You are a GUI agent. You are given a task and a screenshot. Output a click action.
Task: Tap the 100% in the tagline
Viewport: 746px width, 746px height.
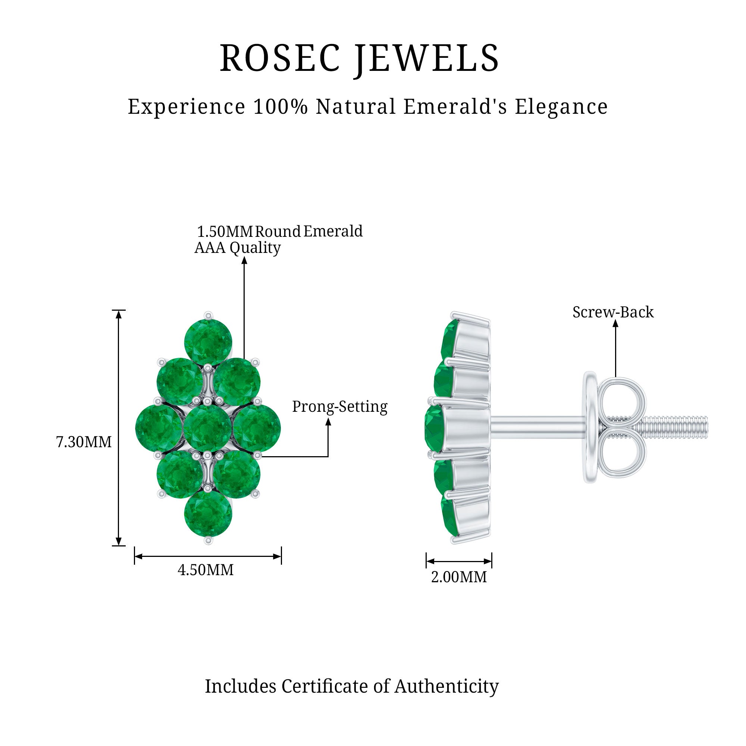280,107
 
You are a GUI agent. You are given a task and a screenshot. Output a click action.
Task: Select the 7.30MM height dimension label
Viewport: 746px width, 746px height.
84,442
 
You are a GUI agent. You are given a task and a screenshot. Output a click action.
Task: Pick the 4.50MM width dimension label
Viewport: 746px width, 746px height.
206,570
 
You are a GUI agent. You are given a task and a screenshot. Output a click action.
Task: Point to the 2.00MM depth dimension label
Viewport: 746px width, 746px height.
459,577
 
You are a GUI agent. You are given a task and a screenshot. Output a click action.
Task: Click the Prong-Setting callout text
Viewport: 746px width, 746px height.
339,407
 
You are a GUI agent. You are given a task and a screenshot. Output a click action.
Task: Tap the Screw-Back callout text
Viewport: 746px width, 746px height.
613,312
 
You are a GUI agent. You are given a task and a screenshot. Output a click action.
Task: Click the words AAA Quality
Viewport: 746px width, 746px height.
238,248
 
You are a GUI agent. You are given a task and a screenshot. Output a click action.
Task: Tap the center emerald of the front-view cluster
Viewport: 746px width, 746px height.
208,428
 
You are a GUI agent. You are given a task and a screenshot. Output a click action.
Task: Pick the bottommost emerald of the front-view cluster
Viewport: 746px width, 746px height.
208,513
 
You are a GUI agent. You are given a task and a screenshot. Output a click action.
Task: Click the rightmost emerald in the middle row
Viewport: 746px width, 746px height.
257,428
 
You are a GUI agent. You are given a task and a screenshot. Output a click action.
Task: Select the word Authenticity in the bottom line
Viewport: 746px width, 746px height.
446,686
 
